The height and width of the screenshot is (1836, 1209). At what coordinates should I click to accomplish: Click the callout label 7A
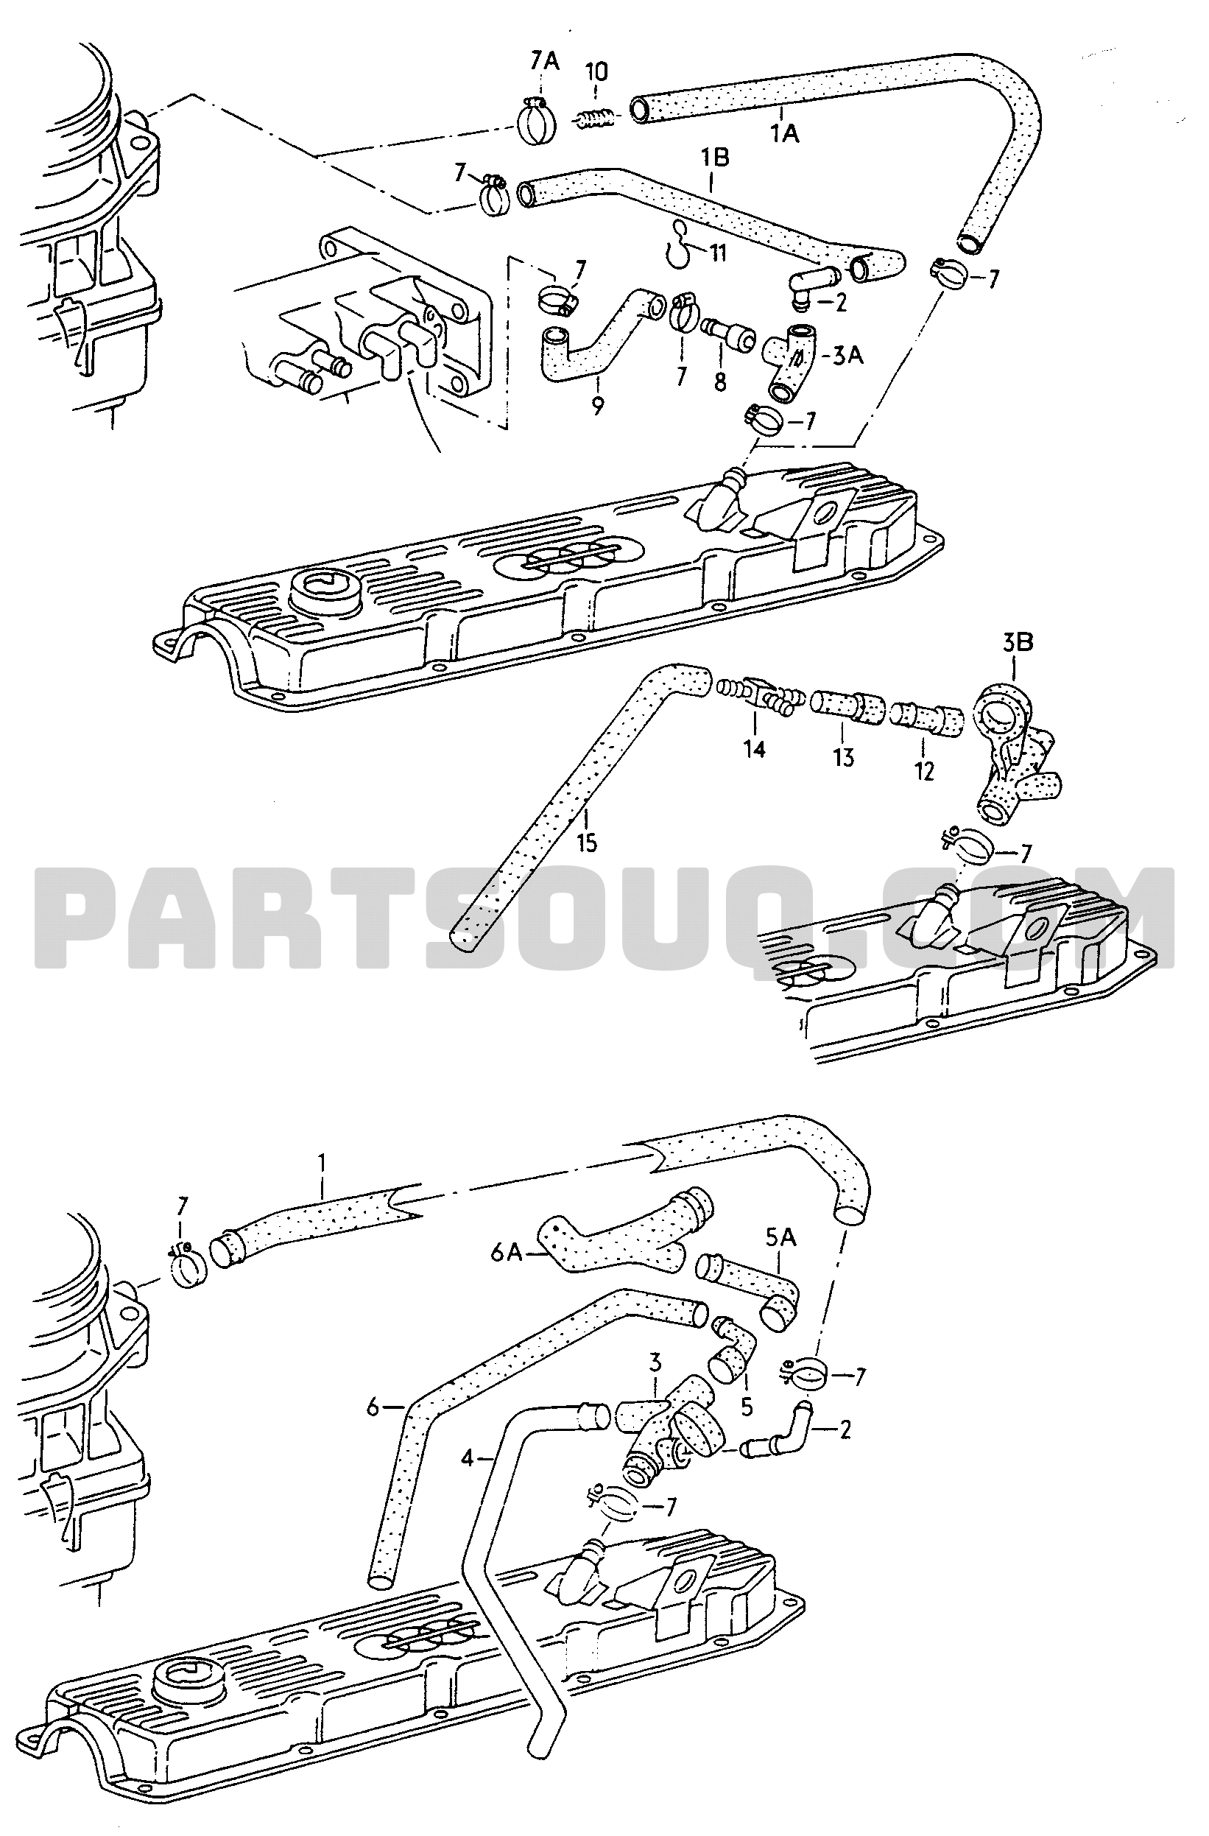click(543, 61)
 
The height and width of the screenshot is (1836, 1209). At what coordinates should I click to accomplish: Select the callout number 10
click(596, 71)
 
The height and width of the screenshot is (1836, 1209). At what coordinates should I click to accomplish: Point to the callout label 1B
click(714, 158)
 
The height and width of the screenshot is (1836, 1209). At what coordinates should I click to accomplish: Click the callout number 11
click(719, 253)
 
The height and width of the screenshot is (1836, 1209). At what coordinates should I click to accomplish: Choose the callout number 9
click(598, 406)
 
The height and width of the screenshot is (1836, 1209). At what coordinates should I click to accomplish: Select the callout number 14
click(754, 748)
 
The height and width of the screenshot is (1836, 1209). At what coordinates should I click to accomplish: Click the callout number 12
click(924, 770)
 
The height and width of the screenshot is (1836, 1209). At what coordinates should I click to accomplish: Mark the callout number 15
click(587, 843)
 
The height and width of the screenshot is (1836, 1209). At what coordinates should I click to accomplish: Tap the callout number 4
click(468, 1458)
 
